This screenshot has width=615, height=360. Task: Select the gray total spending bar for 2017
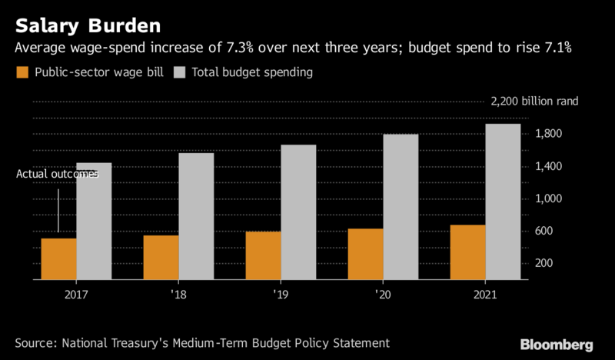coord(94,221)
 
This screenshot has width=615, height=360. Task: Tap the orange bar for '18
coord(161,257)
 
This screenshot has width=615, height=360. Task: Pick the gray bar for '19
coord(298,212)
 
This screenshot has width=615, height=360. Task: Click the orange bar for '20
coord(365,254)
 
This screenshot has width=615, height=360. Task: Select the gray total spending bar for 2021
coord(503,202)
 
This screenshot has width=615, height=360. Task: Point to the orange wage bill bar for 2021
coord(467,252)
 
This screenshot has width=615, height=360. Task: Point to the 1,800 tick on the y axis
coord(550,135)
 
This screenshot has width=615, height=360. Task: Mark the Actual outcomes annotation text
coord(58,175)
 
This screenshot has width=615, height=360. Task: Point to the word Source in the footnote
coord(35,342)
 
